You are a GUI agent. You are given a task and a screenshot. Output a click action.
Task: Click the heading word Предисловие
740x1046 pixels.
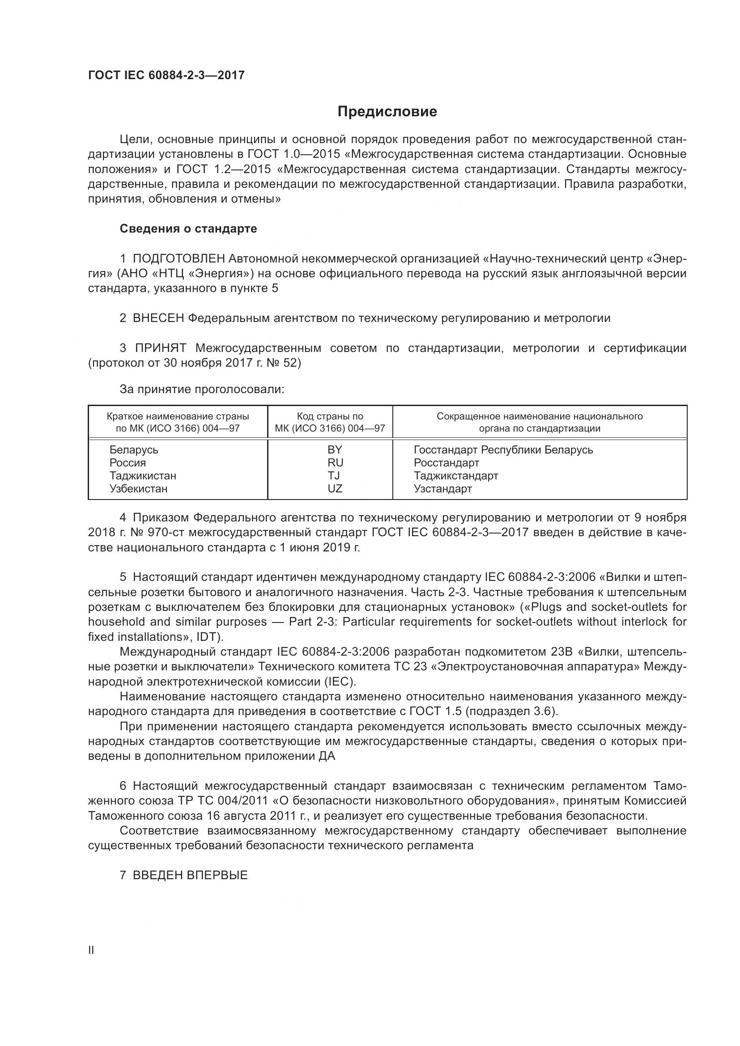pos(387,112)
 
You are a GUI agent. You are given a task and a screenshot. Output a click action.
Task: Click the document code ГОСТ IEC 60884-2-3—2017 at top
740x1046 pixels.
pos(166,75)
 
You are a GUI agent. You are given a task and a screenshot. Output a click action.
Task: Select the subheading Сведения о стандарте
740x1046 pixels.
pos(188,229)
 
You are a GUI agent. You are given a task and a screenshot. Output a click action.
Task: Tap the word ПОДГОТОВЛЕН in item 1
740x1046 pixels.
pos(179,259)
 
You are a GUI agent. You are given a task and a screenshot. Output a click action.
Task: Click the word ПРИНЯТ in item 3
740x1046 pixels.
pos(161,348)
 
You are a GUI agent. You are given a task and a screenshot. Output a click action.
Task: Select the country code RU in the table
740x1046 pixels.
pos(335,462)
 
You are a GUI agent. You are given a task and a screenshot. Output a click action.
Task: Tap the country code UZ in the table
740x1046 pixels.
pos(335,488)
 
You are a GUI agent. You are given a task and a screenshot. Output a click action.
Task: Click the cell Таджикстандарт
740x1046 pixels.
pos(455,476)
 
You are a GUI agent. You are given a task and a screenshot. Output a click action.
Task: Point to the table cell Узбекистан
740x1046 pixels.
pos(138,488)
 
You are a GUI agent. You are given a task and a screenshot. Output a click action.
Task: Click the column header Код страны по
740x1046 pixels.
pos(330,416)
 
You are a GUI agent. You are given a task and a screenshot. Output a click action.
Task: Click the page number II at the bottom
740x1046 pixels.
pos(91,950)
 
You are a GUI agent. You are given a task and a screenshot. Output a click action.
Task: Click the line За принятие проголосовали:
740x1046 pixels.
pos(202,389)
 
